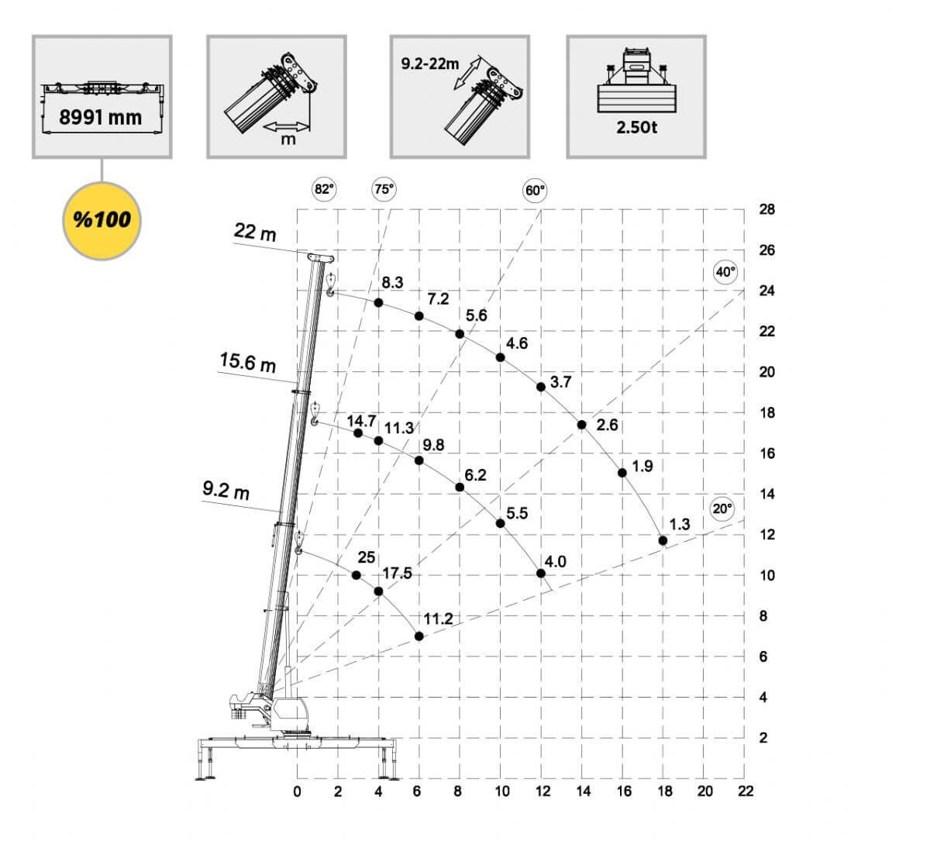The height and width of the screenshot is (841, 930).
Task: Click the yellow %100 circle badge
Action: coord(102,221)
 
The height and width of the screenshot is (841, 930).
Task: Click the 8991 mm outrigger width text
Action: coord(101,117)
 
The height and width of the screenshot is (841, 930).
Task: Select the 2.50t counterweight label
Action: coord(636,127)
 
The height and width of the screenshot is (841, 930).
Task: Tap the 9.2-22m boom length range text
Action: coord(430,64)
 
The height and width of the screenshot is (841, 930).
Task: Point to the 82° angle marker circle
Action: coord(324,189)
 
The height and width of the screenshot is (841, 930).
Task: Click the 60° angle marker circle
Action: coord(535,191)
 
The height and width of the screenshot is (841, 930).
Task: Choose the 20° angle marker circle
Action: coord(722,509)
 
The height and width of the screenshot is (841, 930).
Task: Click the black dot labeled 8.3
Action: coord(378,303)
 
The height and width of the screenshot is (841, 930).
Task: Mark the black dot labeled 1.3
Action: coord(663,540)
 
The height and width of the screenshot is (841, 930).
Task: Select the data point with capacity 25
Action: coord(356,575)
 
